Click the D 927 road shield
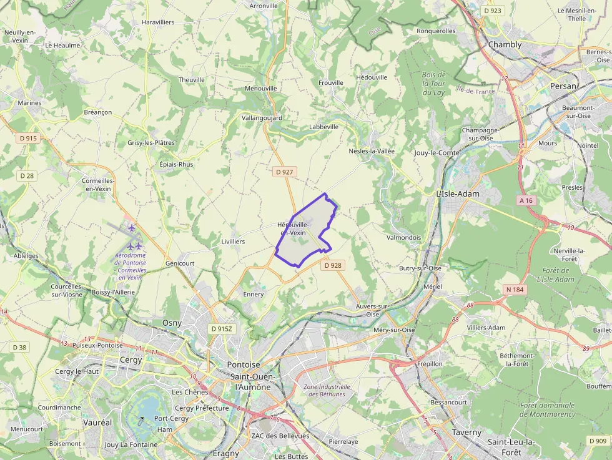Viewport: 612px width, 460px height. point(284,171)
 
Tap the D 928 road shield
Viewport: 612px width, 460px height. point(333,265)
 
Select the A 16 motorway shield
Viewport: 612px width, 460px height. point(526,200)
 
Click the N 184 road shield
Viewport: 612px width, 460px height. point(515,289)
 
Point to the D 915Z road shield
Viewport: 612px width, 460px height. point(221,328)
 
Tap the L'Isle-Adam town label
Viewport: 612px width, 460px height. point(458,194)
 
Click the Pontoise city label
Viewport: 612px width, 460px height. point(244,365)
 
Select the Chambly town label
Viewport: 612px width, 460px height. point(505,44)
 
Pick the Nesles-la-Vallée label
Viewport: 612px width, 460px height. point(372,151)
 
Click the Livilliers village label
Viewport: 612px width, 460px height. point(233,241)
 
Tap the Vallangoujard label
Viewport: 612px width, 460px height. point(262,117)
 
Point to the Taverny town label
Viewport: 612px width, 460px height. point(466,432)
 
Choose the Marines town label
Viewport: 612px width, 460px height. point(29,103)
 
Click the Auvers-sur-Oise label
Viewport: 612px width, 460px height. point(372,310)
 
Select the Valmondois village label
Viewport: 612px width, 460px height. point(404,238)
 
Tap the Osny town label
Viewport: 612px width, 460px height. point(172,323)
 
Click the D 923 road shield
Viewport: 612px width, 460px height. point(493,11)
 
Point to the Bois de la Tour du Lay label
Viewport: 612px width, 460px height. point(433,84)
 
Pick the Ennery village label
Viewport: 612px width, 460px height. point(254,294)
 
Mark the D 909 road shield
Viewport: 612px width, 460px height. point(598,441)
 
